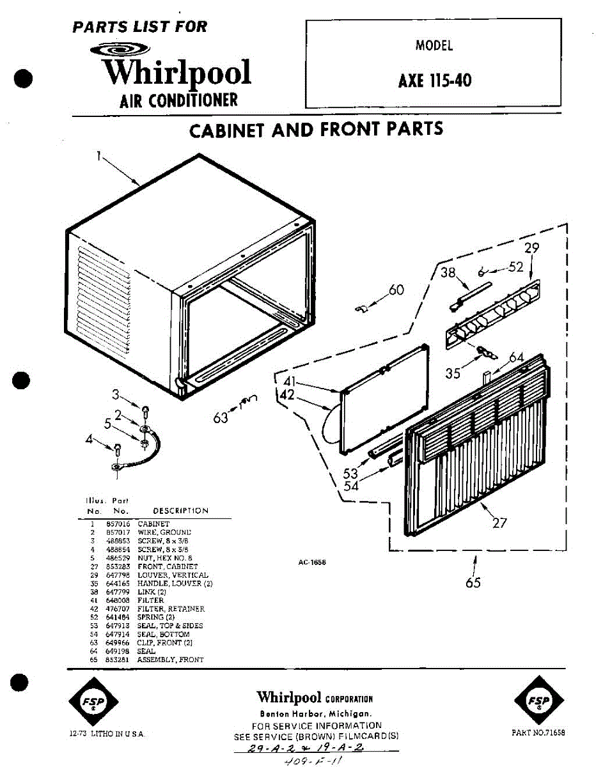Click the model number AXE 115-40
[435, 81]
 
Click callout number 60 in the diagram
[396, 290]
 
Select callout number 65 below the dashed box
[473, 582]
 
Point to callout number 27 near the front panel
[499, 523]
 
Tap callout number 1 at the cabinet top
[99, 155]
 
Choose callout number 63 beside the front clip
[221, 419]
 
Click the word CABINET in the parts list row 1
[153, 523]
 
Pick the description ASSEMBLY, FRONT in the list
[170, 660]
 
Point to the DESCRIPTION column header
[180, 511]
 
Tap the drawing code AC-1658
[312, 562]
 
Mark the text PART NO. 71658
[538, 732]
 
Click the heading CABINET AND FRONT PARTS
[316, 129]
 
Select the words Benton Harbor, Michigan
[316, 714]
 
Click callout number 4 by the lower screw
[89, 438]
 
